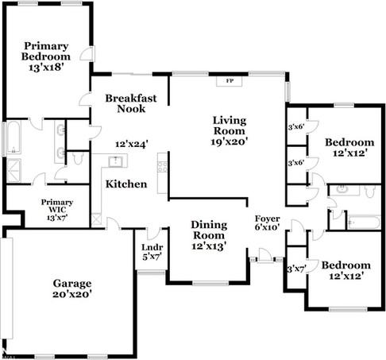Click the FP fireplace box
point(229,81)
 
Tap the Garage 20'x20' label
point(72,288)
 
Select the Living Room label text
point(230,126)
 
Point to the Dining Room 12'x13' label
point(209,235)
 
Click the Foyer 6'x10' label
point(267,223)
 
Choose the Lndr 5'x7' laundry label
point(152,252)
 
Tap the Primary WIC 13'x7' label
point(57,210)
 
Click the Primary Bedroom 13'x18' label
point(46,56)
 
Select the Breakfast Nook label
point(131,103)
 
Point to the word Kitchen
point(126,184)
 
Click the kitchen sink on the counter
point(115,161)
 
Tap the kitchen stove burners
point(162,167)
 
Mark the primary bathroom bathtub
point(14,137)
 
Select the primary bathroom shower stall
point(14,171)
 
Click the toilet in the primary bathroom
point(78,158)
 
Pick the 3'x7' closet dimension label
point(296,269)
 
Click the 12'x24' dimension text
point(131,145)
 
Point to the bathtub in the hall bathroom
point(365,222)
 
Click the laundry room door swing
point(154,233)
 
